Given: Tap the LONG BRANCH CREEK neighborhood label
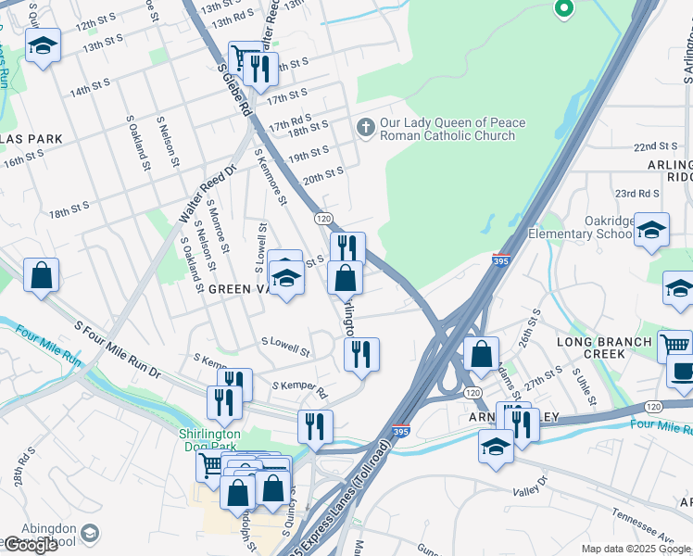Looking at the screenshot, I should click(x=604, y=348).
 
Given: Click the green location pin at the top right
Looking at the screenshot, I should click(x=563, y=10).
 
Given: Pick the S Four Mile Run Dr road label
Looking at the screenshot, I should click(x=117, y=350).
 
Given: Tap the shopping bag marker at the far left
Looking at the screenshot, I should click(x=42, y=275).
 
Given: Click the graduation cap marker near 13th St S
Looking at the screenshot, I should click(x=43, y=46).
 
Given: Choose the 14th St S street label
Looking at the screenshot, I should click(x=90, y=90).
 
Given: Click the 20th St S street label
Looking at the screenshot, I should click(x=323, y=173).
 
